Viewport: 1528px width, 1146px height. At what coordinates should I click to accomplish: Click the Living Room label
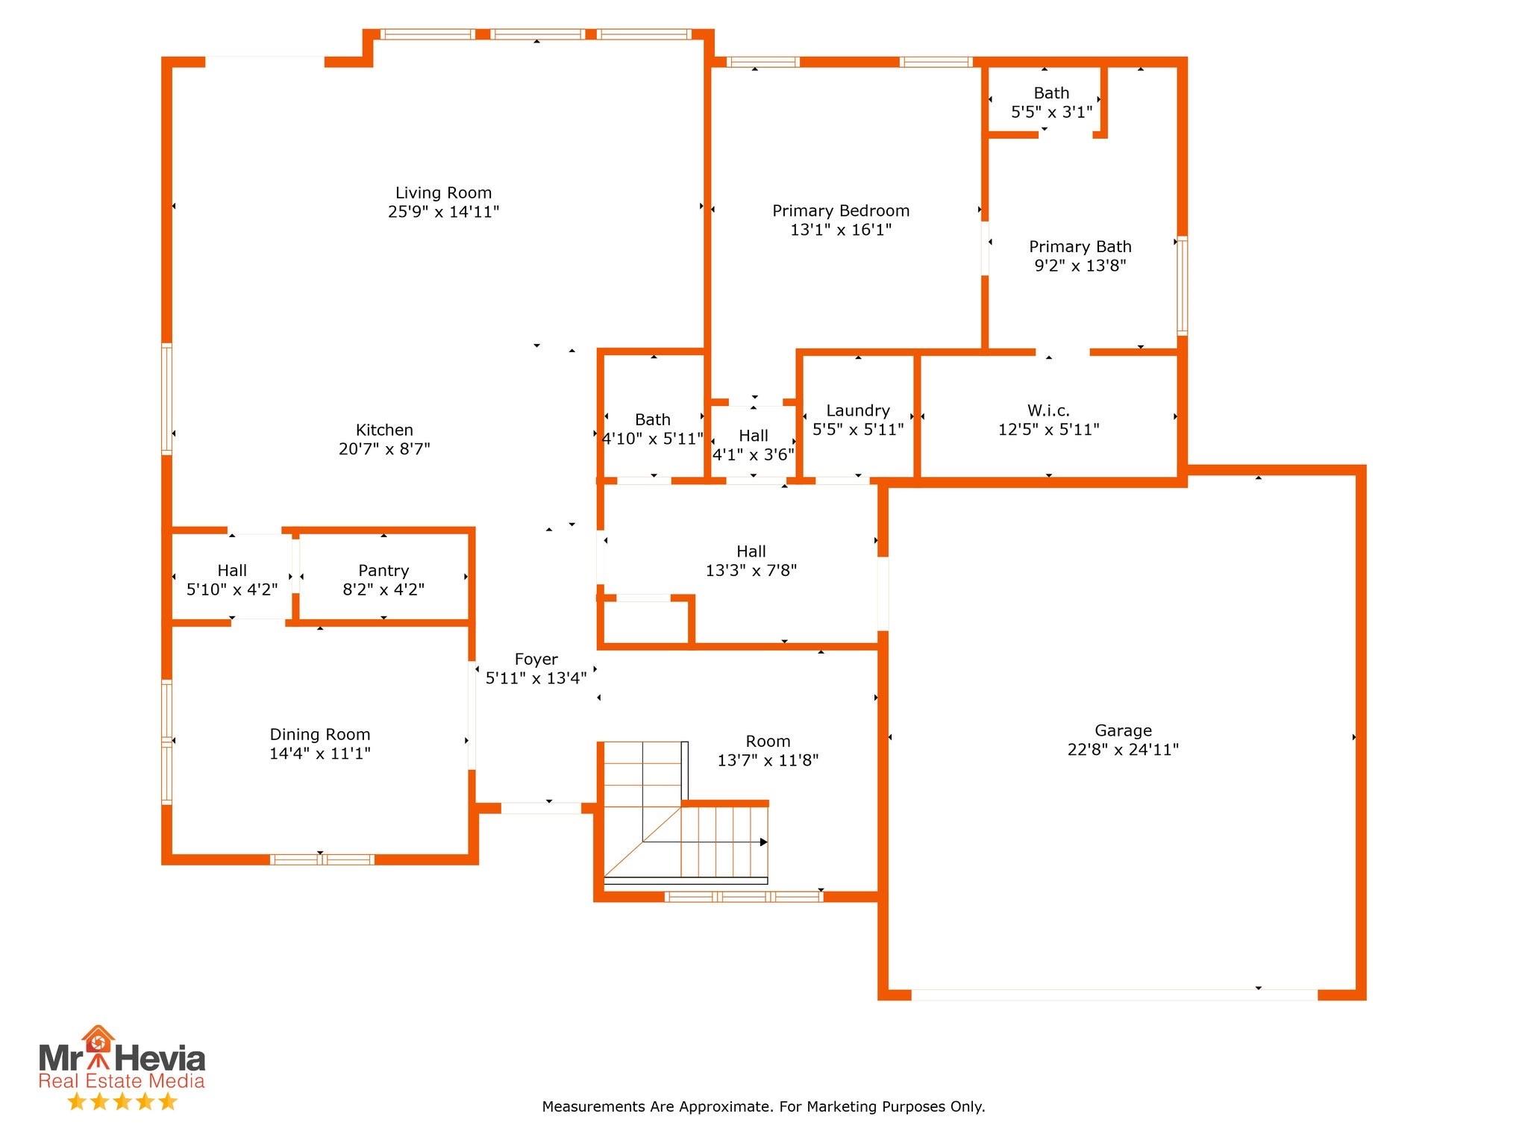(x=443, y=193)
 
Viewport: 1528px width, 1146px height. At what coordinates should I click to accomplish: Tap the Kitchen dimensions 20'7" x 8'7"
(x=384, y=449)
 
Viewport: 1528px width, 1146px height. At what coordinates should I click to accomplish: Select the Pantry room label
(x=383, y=571)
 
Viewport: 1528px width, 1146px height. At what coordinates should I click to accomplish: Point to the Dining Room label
(x=320, y=735)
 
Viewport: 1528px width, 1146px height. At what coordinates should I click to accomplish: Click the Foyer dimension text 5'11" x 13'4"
(x=536, y=678)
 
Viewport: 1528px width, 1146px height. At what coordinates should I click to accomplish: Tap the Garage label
(x=1123, y=731)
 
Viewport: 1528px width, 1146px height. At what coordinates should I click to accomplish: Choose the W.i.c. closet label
(x=1048, y=410)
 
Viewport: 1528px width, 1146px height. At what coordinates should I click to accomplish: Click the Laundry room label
(x=858, y=411)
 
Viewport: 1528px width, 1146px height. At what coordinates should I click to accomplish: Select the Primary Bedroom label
(x=841, y=211)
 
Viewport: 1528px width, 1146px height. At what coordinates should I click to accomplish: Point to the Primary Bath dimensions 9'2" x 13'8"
(x=1080, y=266)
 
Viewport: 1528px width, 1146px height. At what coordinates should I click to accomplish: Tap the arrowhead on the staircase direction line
(x=763, y=842)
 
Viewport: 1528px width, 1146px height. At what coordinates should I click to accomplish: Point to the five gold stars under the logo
(x=122, y=1101)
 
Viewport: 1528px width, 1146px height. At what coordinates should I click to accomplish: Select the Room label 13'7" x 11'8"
(x=768, y=742)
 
